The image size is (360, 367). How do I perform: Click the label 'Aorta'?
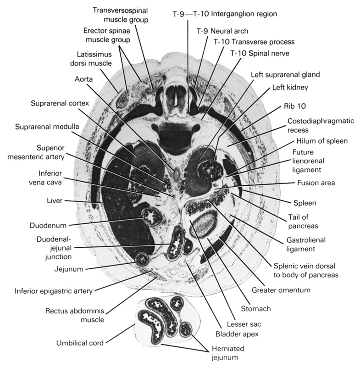pos(84,79)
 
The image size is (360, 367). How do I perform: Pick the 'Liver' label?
pos(55,200)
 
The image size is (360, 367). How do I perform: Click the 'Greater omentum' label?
pos(282,289)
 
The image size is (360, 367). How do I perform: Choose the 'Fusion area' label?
pos(316,183)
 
